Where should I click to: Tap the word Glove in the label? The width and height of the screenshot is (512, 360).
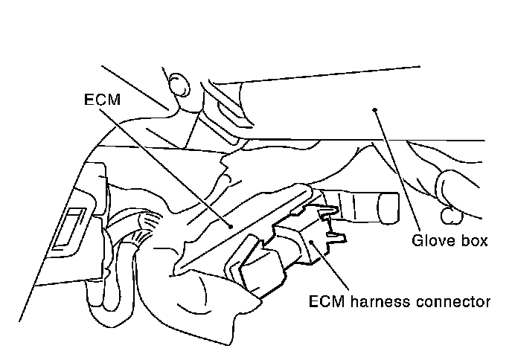coord(429,241)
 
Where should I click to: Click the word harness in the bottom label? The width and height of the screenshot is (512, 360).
coord(373,302)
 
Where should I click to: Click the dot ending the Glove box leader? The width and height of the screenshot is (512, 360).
coord(376,109)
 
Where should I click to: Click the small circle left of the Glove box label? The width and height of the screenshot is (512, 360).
coord(447,216)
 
